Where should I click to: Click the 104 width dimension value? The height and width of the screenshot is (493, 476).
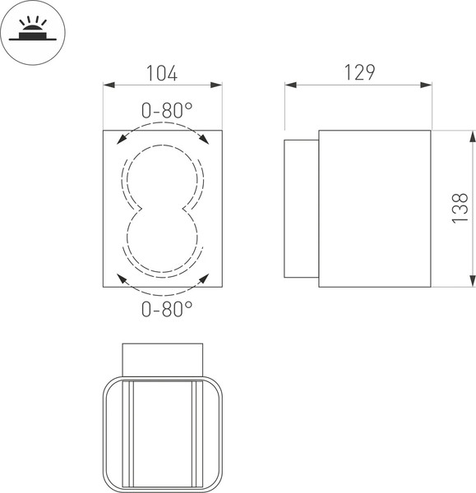pyautogui.click(x=162, y=72)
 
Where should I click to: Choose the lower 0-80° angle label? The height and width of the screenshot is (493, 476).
pyautogui.click(x=167, y=309)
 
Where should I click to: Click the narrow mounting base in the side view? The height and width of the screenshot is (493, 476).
pyautogui.click(x=301, y=209)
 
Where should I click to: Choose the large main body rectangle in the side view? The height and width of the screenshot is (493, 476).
pyautogui.click(x=374, y=209)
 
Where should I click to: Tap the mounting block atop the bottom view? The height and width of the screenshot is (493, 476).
pyautogui.click(x=162, y=359)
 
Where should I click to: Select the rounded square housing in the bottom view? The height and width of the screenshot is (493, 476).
pyautogui.click(x=162, y=433)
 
